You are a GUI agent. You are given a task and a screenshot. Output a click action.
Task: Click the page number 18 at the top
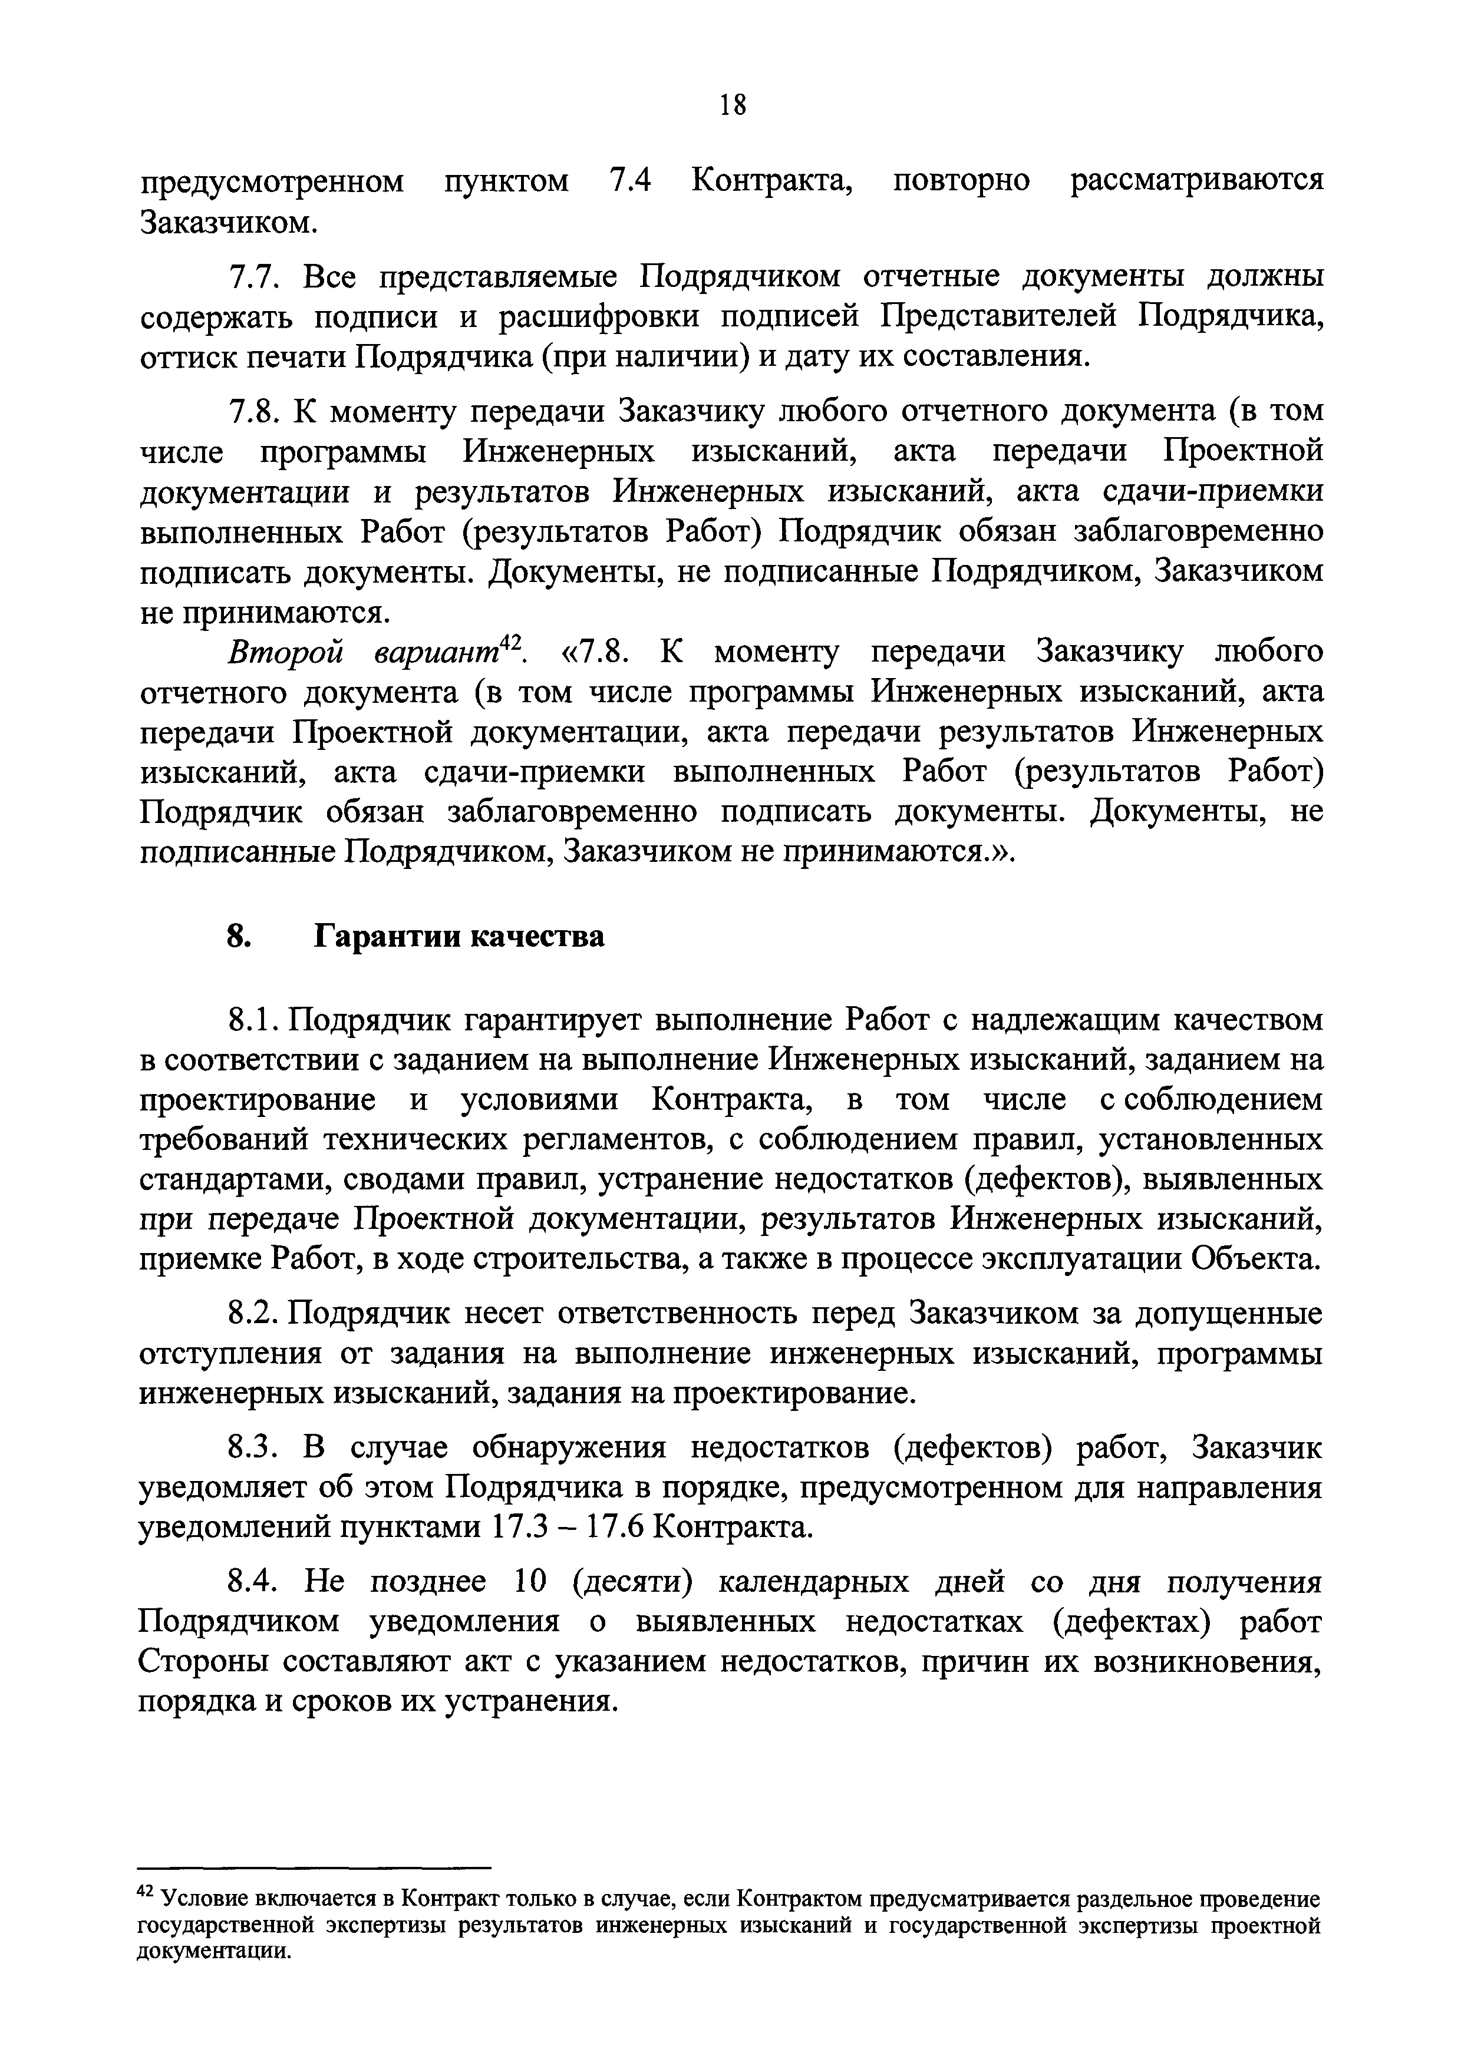coord(733,105)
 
